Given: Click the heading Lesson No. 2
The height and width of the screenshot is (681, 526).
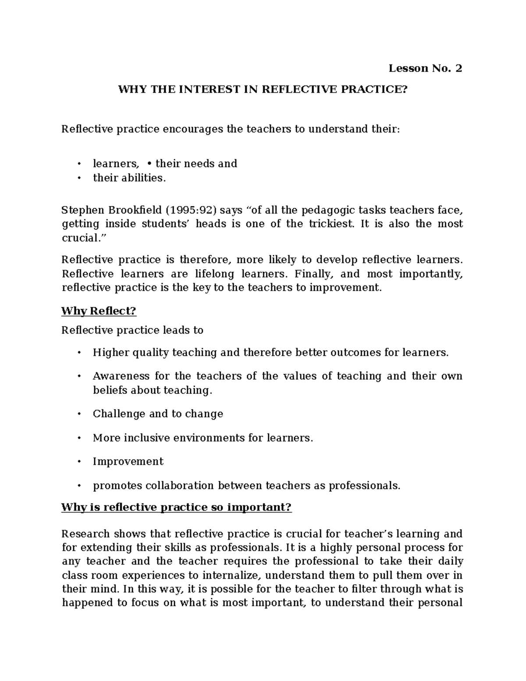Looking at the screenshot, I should click(425, 68).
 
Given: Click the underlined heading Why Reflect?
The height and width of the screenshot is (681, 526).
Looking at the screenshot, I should click(99, 311).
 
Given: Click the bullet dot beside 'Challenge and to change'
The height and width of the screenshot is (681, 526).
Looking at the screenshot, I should click(79, 414).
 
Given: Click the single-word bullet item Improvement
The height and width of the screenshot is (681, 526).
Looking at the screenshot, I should click(128, 462).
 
